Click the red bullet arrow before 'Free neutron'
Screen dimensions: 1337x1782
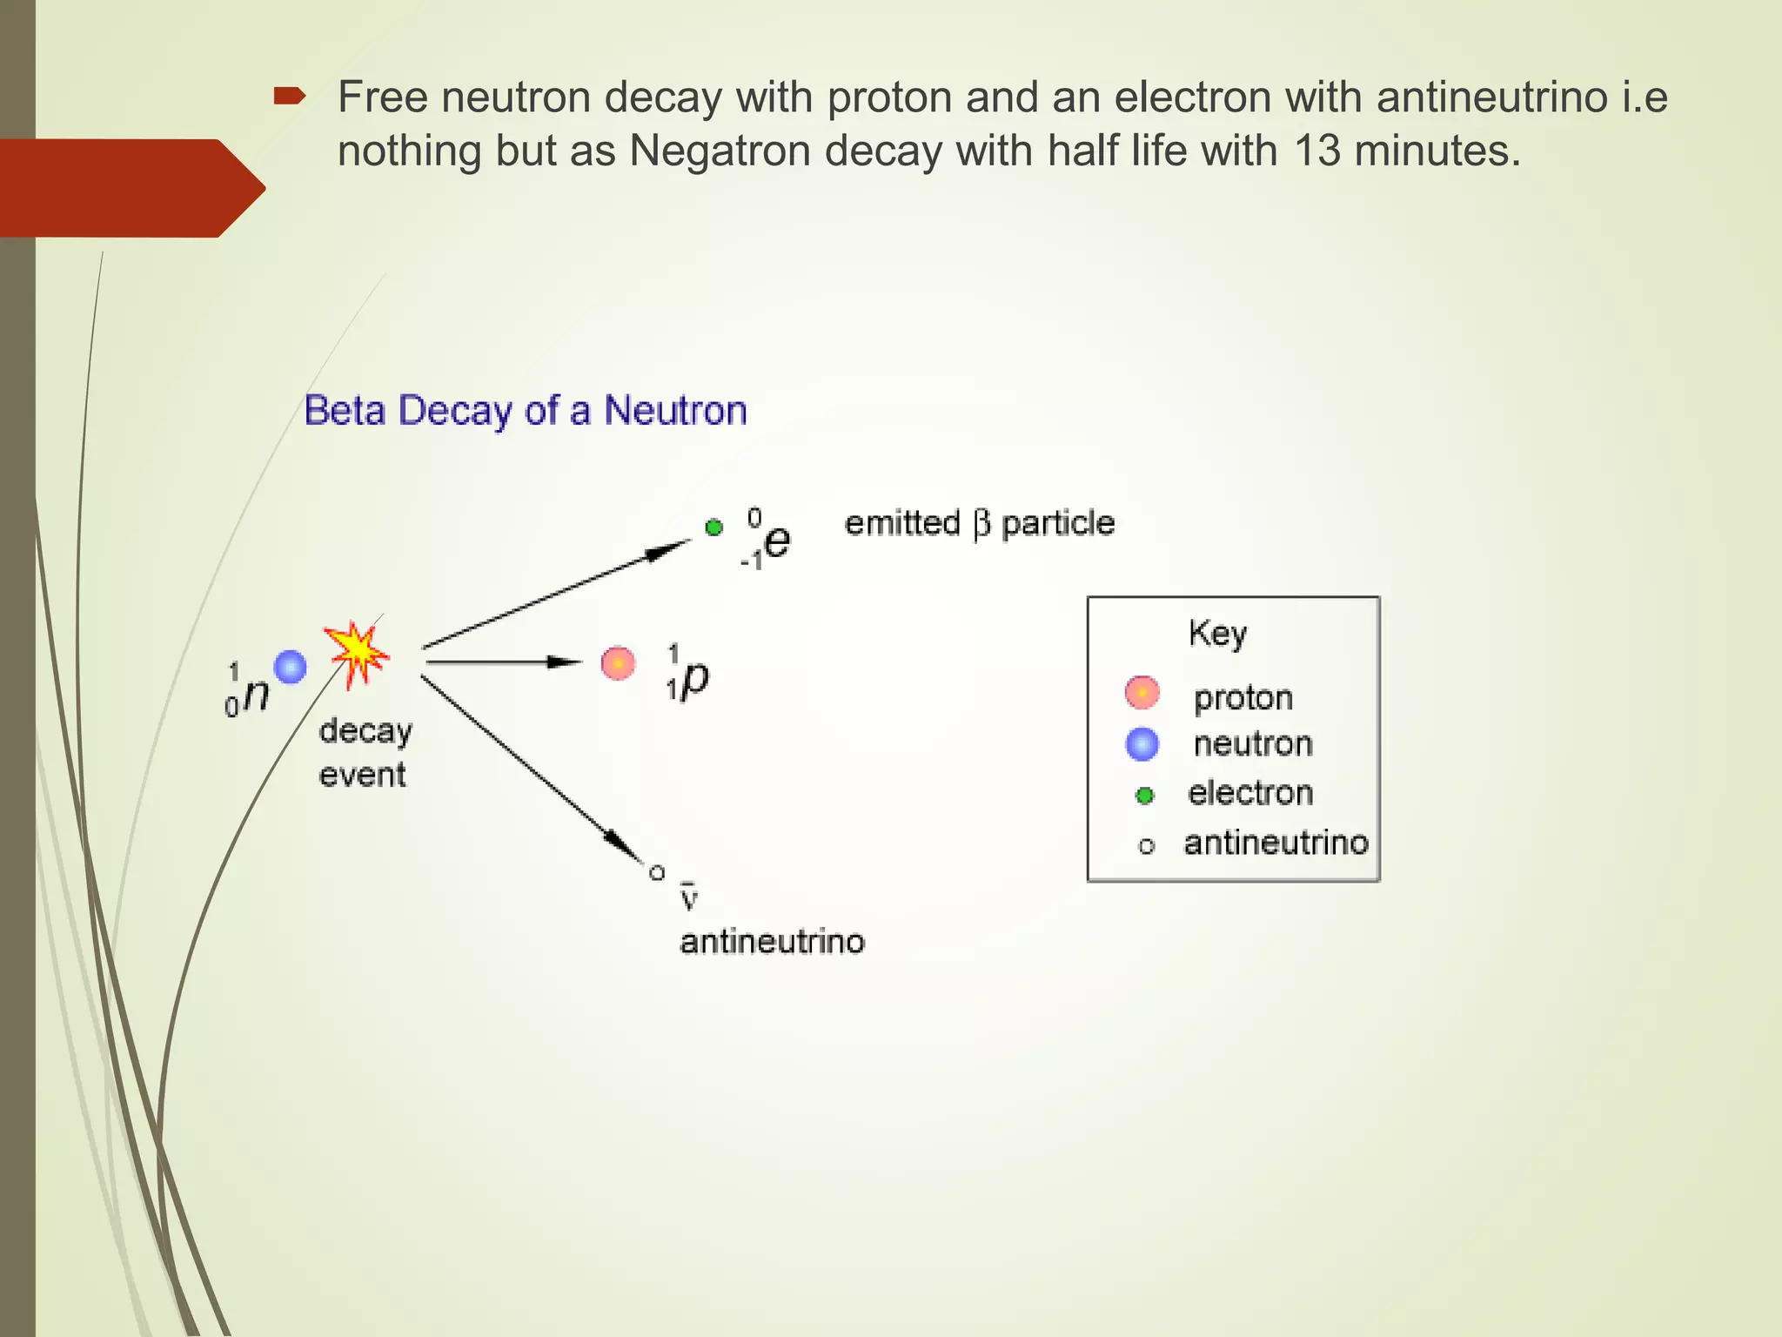point(289,96)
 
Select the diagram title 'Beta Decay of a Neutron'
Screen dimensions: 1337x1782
point(526,410)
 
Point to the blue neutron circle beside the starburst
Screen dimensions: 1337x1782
point(291,667)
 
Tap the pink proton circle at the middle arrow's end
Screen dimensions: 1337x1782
point(618,663)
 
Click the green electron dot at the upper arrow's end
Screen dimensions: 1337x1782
point(714,527)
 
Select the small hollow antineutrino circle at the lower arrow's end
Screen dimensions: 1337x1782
point(657,872)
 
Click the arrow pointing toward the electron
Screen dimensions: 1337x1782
point(557,594)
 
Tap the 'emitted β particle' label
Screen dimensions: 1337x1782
point(980,523)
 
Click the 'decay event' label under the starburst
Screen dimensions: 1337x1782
point(365,752)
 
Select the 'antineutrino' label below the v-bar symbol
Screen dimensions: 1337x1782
point(772,942)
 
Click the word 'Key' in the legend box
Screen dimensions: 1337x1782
point(1217,633)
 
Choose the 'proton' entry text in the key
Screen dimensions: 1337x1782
point(1243,697)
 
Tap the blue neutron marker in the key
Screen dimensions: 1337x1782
point(1142,744)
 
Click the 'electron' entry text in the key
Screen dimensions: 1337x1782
point(1250,793)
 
